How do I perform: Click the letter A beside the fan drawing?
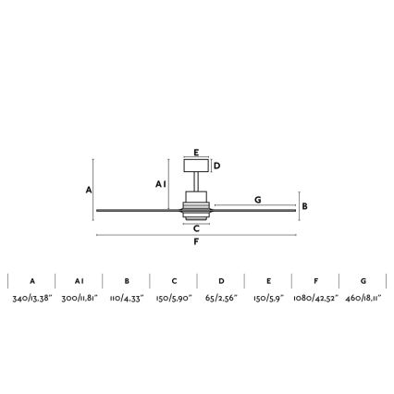point(89,190)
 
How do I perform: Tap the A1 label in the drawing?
point(161,184)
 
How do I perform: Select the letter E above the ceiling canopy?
point(196,153)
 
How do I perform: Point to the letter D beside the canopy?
point(217,166)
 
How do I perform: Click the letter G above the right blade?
point(258,200)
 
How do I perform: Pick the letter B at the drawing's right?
point(304,206)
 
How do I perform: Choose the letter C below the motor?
point(196,228)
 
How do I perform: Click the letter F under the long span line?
point(196,241)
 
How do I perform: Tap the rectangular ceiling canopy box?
point(196,166)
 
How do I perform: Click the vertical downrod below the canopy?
point(196,181)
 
